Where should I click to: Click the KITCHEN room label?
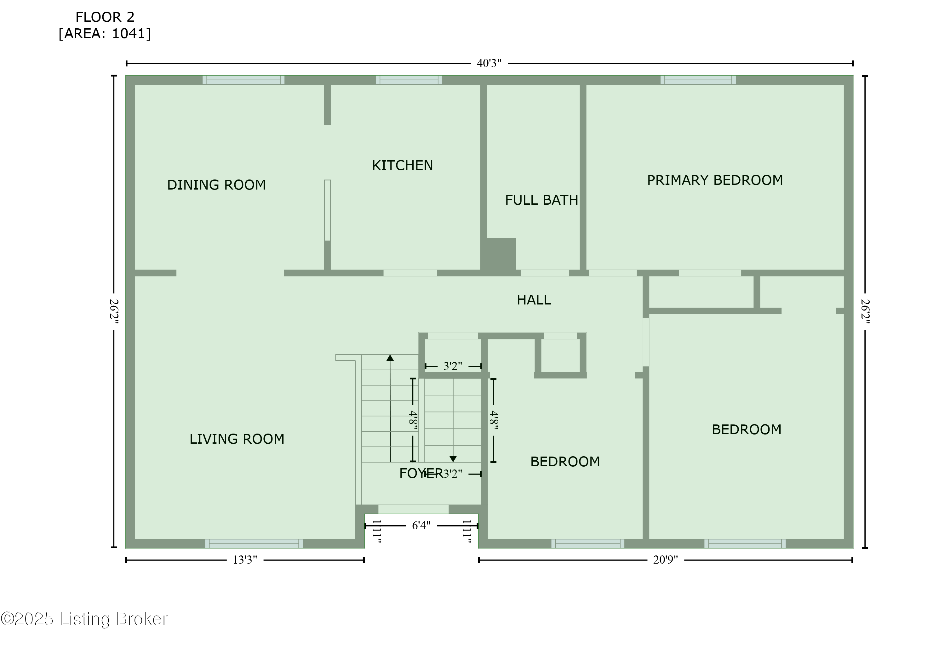[x=402, y=165]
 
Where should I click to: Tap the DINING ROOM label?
[x=216, y=185]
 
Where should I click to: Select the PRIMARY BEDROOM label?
[x=715, y=180]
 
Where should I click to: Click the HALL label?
[x=534, y=300]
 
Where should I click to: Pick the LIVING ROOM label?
[x=237, y=439]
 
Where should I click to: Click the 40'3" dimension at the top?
[x=489, y=63]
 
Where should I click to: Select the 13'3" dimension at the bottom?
[x=245, y=560]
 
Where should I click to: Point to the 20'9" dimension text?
[x=665, y=560]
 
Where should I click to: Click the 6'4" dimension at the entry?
[x=421, y=526]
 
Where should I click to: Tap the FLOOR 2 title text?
[x=105, y=17]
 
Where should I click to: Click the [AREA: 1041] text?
[x=105, y=33]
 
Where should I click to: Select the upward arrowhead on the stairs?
[x=390, y=358]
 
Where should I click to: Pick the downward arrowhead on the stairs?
[x=453, y=459]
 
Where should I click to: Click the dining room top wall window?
[x=243, y=80]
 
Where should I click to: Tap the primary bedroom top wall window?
[x=698, y=80]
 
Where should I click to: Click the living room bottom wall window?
[x=254, y=543]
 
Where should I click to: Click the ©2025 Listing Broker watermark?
[x=84, y=619]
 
